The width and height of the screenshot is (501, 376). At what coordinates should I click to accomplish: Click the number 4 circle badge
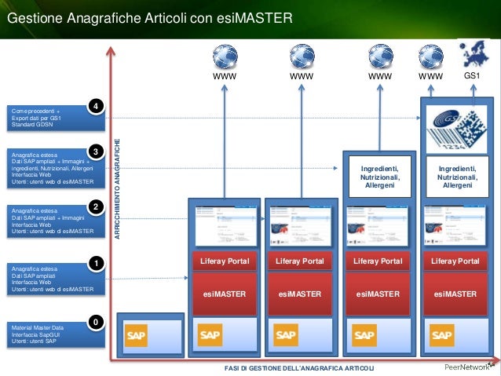pyautogui.click(x=96, y=105)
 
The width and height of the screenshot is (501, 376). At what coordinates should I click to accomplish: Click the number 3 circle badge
pyautogui.click(x=96, y=150)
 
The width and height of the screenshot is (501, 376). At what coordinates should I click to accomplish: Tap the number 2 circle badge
pyautogui.click(x=96, y=206)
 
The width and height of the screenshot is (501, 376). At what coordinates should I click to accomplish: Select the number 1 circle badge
pyautogui.click(x=96, y=263)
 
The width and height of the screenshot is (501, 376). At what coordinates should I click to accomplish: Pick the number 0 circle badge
pyautogui.click(x=96, y=322)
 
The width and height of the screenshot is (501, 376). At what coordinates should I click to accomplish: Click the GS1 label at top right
pyautogui.click(x=473, y=76)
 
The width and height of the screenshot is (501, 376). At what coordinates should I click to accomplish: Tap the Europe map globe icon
pyautogui.click(x=473, y=55)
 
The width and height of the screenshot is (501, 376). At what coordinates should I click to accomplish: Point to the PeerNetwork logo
pyautogui.click(x=464, y=367)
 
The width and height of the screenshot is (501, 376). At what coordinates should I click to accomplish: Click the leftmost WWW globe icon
pyautogui.click(x=225, y=56)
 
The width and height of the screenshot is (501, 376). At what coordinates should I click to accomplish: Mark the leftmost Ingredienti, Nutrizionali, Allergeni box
pyautogui.click(x=380, y=177)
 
